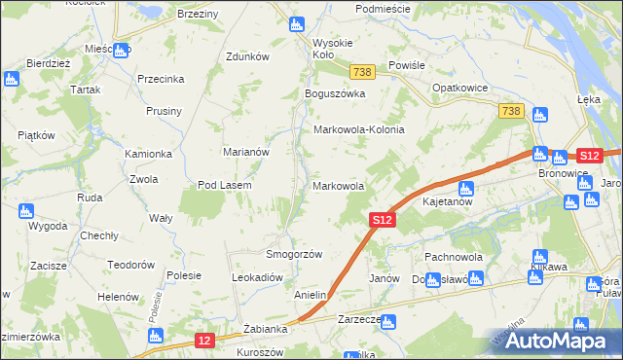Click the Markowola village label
coord(338,186)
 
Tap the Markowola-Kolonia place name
coord(357,129)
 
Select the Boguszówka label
coord(334,93)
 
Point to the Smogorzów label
coord(294,254)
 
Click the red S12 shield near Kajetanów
coord(383,222)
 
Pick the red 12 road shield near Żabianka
coord(203,340)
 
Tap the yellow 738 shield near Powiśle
coord(363,72)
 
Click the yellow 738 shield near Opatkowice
coord(513,112)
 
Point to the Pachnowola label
coord(448,257)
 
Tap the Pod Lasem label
coord(225,186)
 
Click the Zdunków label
coord(247,56)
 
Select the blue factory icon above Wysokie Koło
coord(298,25)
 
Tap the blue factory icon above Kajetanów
coord(464,188)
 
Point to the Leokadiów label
coord(256,277)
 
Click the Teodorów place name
coord(131,265)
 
